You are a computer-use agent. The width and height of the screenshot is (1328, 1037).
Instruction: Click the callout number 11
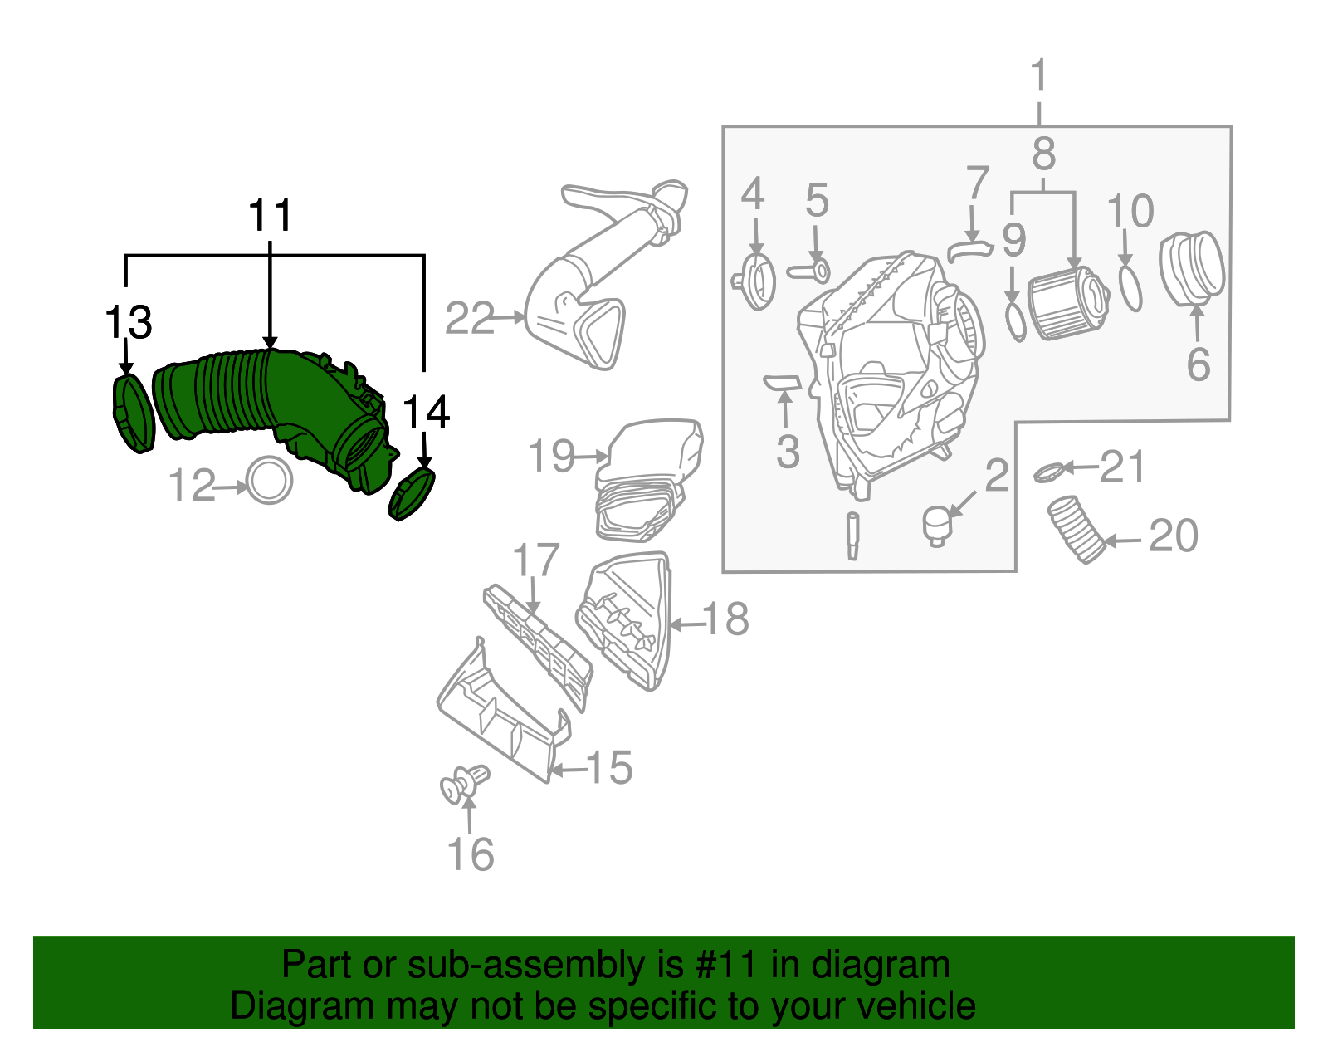271,216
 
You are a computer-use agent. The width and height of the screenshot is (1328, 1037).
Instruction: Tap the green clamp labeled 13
133,413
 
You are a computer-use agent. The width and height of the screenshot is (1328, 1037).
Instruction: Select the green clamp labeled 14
412,494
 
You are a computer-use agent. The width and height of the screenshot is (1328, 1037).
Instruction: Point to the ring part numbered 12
270,480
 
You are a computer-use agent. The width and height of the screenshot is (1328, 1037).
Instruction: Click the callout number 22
470,318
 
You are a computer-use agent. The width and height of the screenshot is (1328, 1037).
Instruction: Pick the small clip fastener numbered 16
465,784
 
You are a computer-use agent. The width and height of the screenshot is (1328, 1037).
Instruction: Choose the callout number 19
551,456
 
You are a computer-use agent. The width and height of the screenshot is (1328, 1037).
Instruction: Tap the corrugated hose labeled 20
1077,529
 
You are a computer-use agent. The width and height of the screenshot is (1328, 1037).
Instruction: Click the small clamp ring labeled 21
1049,472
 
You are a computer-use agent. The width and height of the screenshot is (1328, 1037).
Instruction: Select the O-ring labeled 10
1130,287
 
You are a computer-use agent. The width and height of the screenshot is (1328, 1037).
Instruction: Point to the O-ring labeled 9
1015,323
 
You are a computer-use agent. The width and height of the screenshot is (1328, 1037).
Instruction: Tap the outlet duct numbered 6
1193,268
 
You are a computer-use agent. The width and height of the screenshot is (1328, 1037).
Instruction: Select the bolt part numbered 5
810,270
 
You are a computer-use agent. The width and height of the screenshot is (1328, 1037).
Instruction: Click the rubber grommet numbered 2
936,526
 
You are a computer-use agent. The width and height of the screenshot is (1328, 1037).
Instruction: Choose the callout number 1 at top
1039,76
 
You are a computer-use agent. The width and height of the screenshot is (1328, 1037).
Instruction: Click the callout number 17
536,560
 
